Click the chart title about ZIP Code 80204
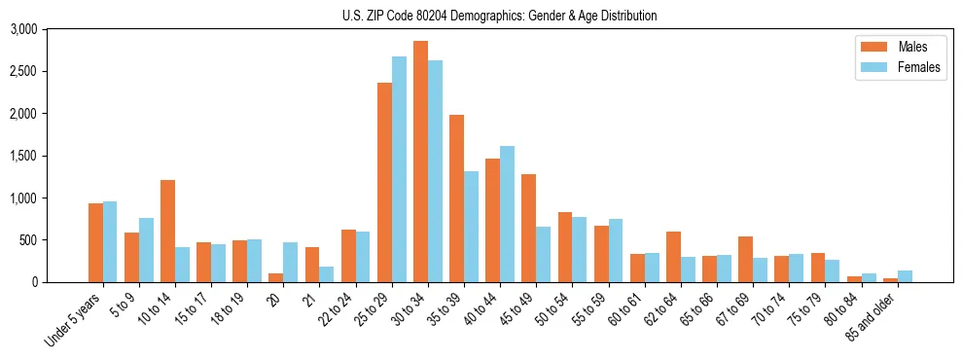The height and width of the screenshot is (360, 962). (500, 16)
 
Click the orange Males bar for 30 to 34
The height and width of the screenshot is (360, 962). (420, 162)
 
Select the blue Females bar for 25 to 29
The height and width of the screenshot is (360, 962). (399, 169)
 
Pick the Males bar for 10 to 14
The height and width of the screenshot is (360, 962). (167, 232)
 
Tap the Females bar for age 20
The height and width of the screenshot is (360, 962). (290, 263)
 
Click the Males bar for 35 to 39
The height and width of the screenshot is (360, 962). (456, 198)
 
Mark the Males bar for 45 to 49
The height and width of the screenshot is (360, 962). (528, 229)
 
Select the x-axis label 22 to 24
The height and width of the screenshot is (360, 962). (338, 310)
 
